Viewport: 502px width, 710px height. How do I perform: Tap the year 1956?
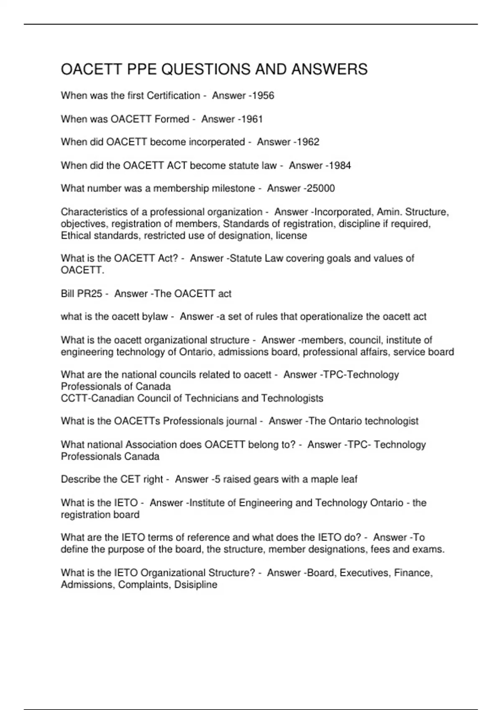[264, 96]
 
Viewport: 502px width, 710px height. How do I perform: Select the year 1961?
[252, 119]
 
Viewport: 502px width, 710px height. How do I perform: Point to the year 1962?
[308, 142]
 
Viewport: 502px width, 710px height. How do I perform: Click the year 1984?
[340, 165]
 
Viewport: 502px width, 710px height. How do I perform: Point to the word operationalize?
[332, 317]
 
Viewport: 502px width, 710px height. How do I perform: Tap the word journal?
[241, 421]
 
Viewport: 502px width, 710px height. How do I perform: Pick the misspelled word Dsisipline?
[196, 585]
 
